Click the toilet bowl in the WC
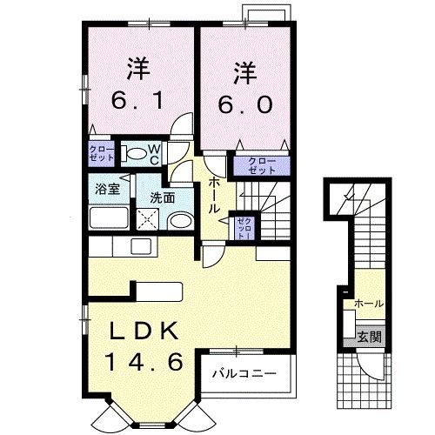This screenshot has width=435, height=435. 137,155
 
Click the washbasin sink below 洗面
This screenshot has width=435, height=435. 179,221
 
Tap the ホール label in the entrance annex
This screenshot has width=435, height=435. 367,304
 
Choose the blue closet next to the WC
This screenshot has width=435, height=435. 101,155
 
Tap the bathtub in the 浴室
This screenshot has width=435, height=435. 109,218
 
